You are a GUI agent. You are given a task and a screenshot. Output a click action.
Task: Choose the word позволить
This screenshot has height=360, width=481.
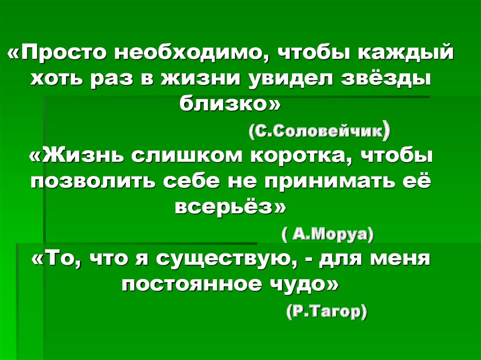point(94,181)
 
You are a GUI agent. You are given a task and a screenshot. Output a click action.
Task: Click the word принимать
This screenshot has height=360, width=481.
point(331,181)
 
